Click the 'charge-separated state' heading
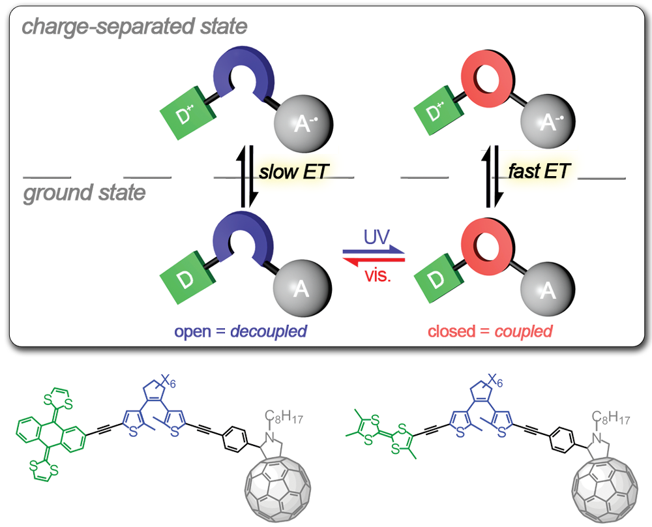coord(134,27)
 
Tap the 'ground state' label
coord(85,194)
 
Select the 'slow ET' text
coord(293,172)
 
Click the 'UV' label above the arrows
coord(374,236)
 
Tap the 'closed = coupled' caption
coord(490,331)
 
